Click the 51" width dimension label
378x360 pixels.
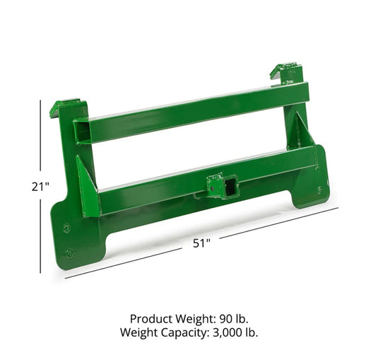[x=203, y=243]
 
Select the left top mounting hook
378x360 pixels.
[x=65, y=108]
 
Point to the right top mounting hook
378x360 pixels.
[x=288, y=73]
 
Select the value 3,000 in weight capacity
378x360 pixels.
[x=223, y=332]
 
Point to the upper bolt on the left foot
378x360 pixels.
[x=66, y=228]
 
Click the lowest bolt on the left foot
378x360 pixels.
[x=69, y=252]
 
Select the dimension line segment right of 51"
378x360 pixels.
[x=276, y=224]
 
